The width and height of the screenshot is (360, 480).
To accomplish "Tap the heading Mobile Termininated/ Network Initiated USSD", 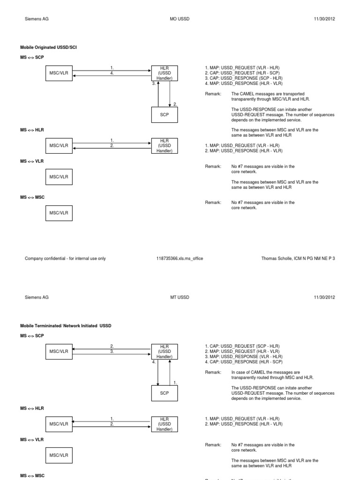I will pos(66,325).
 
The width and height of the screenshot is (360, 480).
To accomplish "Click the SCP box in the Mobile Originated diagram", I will pos(164,114).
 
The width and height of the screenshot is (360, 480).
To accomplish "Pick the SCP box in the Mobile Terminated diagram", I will pos(164,393).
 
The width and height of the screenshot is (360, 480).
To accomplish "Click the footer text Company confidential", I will pos(65,258).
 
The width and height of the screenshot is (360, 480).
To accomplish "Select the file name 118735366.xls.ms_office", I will pos(180,258).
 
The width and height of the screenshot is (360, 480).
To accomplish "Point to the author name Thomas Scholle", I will pos(277,258).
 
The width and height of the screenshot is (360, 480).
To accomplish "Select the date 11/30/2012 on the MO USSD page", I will pos(324,19).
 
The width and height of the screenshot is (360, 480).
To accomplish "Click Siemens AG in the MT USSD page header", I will pos(37,297).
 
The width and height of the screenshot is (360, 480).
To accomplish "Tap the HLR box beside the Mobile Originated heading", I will pos(164,73).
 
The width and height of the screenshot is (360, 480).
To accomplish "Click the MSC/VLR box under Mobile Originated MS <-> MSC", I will pos(59,213).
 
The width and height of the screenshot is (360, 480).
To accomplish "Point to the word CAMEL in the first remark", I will pos(248,94).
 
